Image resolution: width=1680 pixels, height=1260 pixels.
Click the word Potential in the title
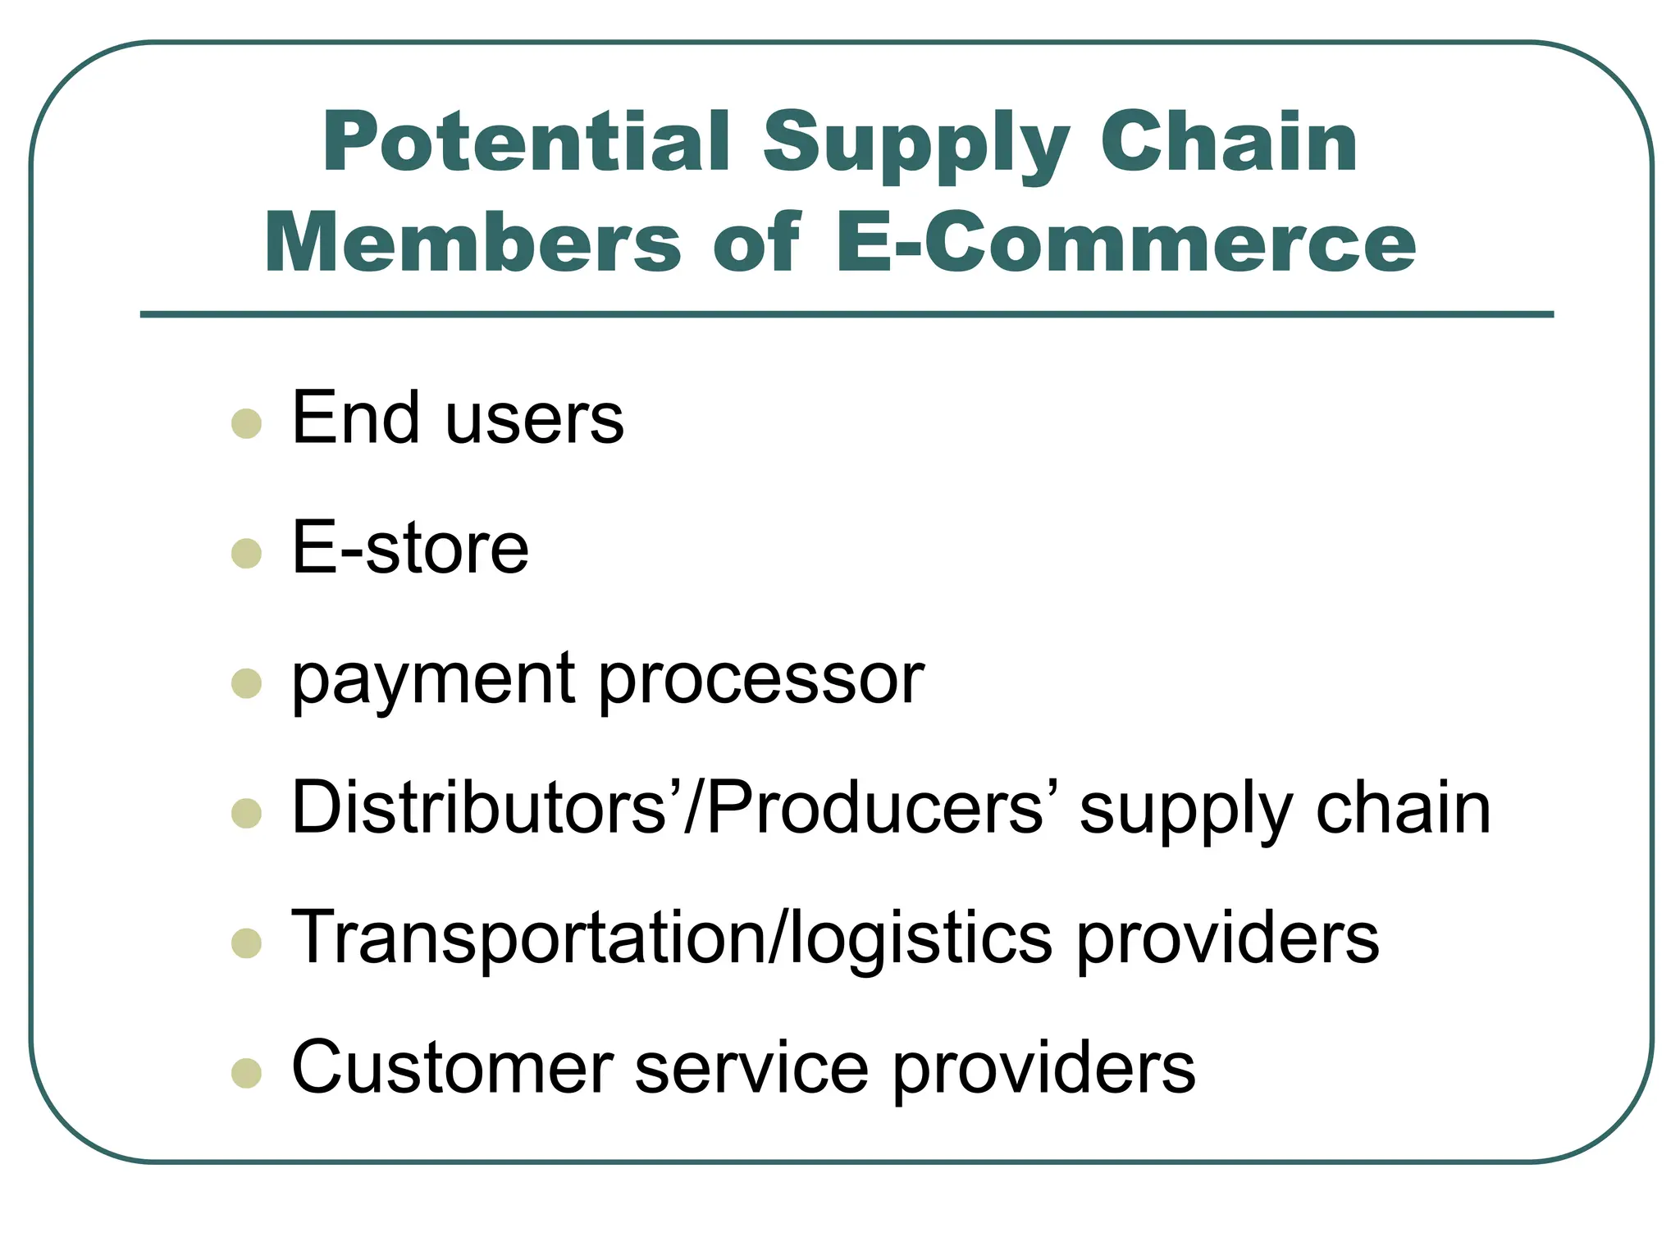pyautogui.click(x=526, y=144)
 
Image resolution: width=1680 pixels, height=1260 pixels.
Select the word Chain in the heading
pyautogui.click(x=1228, y=144)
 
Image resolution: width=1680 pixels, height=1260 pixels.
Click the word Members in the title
pyautogui.click(x=472, y=244)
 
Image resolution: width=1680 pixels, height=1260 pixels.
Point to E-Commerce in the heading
pyautogui.click(x=1125, y=244)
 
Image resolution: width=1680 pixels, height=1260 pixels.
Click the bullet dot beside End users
pyautogui.click(x=246, y=424)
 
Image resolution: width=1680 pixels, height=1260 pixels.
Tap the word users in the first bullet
pyautogui.click(x=534, y=419)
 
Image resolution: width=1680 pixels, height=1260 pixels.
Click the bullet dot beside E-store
pyautogui.click(x=246, y=554)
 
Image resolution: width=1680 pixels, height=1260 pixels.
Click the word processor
pyautogui.click(x=760, y=681)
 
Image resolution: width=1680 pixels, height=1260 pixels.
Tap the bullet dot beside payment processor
pyautogui.click(x=246, y=683)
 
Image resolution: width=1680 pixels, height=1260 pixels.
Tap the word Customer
pyautogui.click(x=452, y=1067)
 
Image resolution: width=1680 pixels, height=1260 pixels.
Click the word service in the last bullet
pyautogui.click(x=751, y=1067)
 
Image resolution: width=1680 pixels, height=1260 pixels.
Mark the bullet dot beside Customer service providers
pyautogui.click(x=246, y=1073)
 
